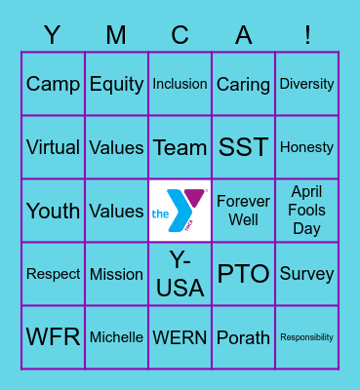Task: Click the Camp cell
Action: point(53,84)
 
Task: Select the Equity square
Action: point(116,84)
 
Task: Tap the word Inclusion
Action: point(180,84)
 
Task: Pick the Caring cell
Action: point(243,84)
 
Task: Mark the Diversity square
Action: point(306,84)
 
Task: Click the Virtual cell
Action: point(53,147)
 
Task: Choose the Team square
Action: point(180,147)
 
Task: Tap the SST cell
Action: point(243,147)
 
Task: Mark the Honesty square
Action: point(306,147)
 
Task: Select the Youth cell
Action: point(53,211)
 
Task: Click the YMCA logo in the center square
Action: point(180,211)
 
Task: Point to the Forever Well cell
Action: point(243,211)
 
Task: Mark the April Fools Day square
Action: point(306,211)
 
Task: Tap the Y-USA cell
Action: point(180,274)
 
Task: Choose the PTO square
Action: point(243,274)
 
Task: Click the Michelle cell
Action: point(116,337)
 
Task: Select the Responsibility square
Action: point(306,337)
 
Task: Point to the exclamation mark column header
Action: point(306,36)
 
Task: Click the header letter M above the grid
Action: point(116,36)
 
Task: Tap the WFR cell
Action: point(53,337)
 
